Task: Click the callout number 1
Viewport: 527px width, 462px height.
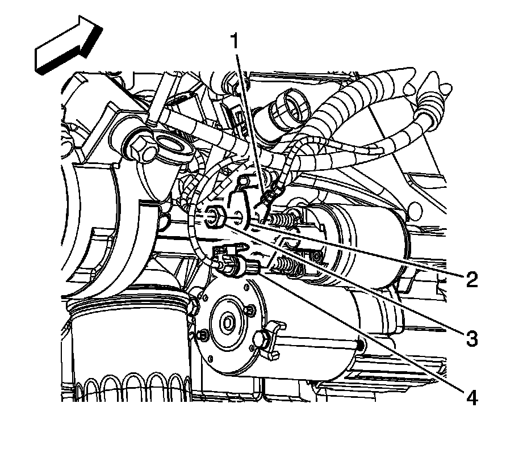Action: tap(233, 41)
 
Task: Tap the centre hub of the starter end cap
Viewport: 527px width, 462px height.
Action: tap(228, 324)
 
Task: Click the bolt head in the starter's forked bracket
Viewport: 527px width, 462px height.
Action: tap(262, 338)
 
